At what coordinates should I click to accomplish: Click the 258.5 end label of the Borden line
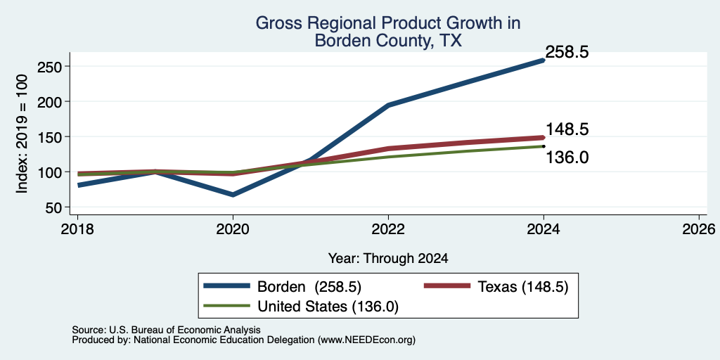tap(567, 52)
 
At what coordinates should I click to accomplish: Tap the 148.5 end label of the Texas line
tap(567, 129)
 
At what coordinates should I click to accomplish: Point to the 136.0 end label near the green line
tap(567, 157)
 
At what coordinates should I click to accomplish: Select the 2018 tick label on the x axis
tap(77, 229)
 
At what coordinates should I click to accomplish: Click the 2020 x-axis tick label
tap(233, 229)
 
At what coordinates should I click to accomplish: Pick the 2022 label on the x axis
tap(388, 229)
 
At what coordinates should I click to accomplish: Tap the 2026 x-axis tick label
tap(699, 229)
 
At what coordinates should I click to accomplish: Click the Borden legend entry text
tap(309, 287)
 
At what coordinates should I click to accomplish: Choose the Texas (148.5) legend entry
tap(523, 287)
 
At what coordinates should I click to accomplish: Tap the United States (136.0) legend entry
tap(328, 307)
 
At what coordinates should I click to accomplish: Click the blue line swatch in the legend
tap(227, 286)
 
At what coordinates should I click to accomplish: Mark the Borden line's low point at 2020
tap(233, 195)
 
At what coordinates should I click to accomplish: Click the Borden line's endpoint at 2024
tap(544, 60)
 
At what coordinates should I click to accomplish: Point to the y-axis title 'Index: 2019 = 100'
tap(22, 134)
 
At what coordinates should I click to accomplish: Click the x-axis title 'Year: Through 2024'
tap(388, 259)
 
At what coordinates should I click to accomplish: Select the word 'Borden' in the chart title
tap(340, 41)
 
